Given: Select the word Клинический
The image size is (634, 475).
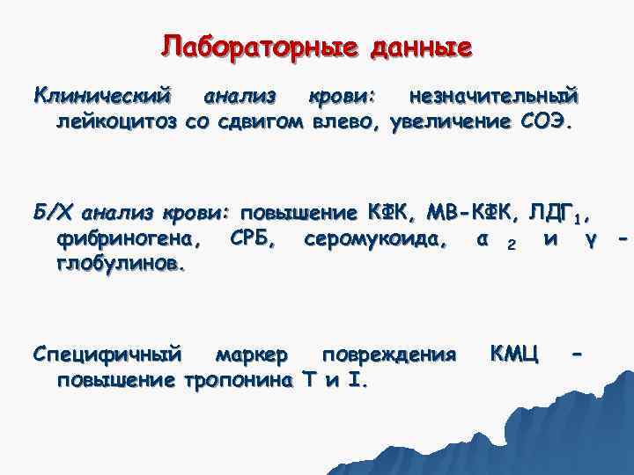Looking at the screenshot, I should coord(100,93).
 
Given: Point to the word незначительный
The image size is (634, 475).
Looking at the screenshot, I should coord(489,93).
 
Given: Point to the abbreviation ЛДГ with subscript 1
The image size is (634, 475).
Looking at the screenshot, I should coord(560,212).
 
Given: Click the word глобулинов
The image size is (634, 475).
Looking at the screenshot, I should coord(119,264).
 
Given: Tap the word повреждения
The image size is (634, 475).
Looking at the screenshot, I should coord(388,354).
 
